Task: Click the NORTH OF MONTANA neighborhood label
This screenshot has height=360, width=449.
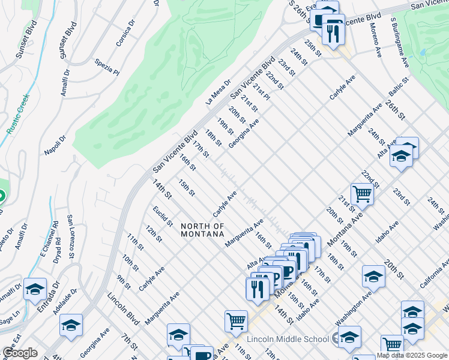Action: (202, 230)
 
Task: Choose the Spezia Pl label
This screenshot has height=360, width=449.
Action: (107, 67)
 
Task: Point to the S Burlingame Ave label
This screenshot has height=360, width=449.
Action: (400, 42)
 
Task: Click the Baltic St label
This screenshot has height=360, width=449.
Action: (397, 88)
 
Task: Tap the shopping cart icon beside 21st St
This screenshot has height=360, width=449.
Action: (362, 194)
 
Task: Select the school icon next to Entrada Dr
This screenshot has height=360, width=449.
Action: (35, 289)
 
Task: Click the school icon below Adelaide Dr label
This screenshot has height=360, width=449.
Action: (71, 326)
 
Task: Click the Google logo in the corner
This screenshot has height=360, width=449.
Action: (20, 353)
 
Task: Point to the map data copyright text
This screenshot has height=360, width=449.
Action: (412, 355)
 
